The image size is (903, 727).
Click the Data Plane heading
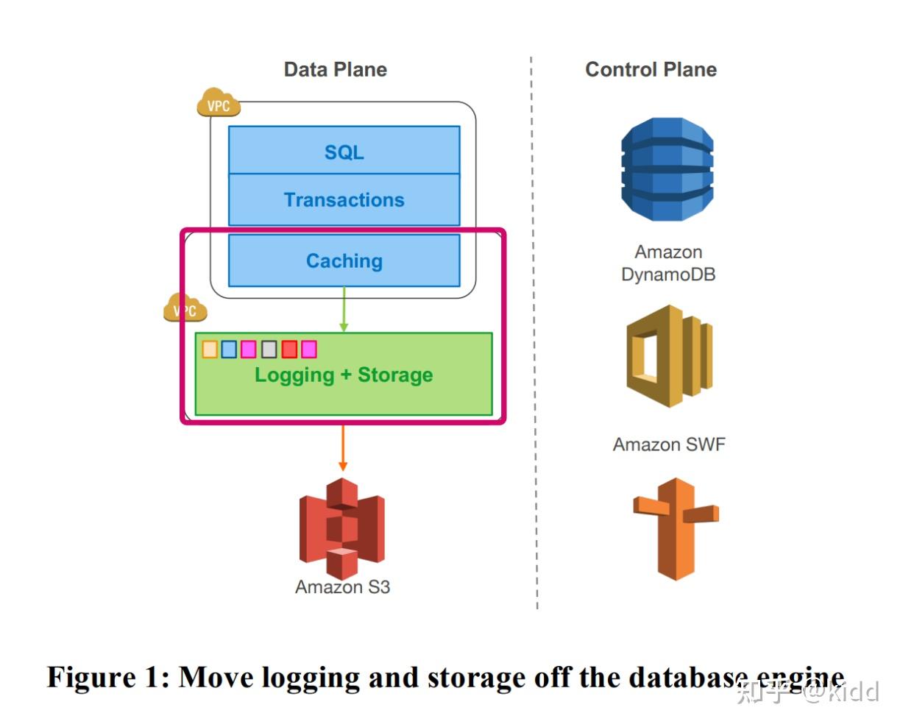(x=336, y=70)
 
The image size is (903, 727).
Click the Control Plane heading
(x=651, y=70)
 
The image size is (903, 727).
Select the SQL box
(x=344, y=150)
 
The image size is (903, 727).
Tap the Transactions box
(x=344, y=199)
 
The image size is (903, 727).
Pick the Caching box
(x=344, y=260)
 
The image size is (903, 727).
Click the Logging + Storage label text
(x=344, y=375)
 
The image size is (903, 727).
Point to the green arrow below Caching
(x=344, y=309)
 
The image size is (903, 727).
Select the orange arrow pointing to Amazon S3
(x=343, y=448)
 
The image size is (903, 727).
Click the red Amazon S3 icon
(x=342, y=528)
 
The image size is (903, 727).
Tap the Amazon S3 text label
(x=342, y=587)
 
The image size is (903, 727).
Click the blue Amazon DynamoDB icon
(x=667, y=169)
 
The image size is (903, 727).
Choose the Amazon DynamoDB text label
(x=668, y=263)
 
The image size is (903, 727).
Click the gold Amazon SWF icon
(x=669, y=356)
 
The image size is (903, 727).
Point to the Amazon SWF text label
(x=669, y=444)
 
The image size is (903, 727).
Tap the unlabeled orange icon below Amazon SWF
(x=676, y=529)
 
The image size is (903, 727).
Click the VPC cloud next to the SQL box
(x=219, y=102)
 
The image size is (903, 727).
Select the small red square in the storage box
(x=289, y=349)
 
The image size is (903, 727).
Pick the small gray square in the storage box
(x=269, y=349)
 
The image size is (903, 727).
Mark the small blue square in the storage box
(x=229, y=349)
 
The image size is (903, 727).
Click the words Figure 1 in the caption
(x=107, y=677)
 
